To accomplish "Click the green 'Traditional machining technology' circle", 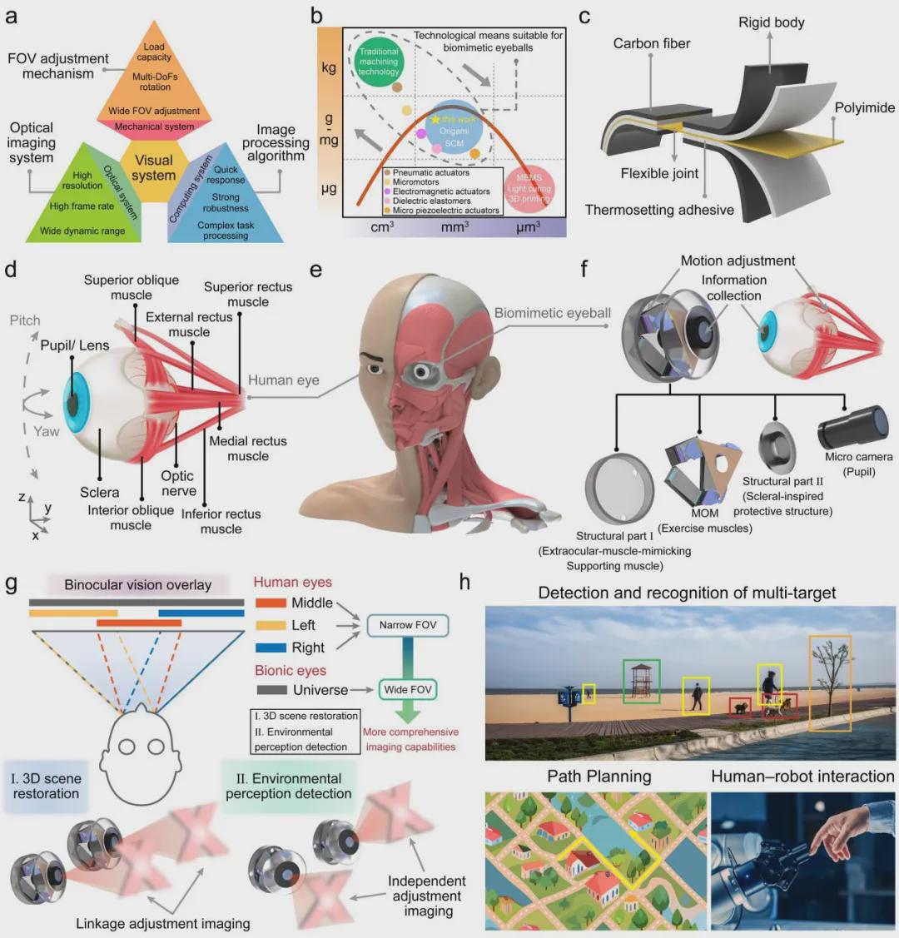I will click(x=379, y=62).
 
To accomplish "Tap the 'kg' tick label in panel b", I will click(x=329, y=67).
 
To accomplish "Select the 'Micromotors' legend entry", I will click(x=415, y=182).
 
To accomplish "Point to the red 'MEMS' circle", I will click(x=529, y=188).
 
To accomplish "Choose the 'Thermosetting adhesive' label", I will click(x=659, y=210).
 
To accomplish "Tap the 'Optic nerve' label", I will click(x=177, y=483).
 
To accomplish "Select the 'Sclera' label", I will click(x=100, y=493).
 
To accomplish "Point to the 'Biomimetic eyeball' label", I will click(x=553, y=313).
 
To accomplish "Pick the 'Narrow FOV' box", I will click(x=408, y=624).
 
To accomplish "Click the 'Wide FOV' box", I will click(x=408, y=689).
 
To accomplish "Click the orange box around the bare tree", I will click(x=830, y=683).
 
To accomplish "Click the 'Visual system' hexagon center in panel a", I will click(x=153, y=168).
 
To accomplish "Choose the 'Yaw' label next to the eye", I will click(x=47, y=432).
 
